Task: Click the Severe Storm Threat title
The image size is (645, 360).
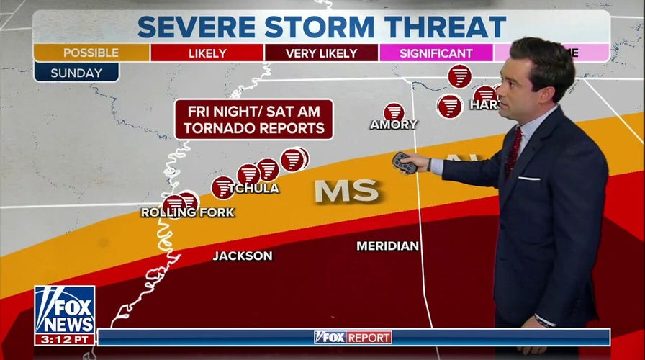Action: tap(322, 27)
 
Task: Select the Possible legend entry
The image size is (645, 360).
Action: tap(91, 53)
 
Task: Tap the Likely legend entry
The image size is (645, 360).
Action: tap(207, 53)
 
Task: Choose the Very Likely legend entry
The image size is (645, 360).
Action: tap(321, 53)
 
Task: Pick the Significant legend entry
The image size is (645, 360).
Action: tap(436, 53)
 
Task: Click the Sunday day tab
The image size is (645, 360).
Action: tap(76, 73)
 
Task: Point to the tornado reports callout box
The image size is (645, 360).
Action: tap(254, 120)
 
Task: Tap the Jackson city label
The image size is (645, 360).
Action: tap(243, 256)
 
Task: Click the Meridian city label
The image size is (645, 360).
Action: tap(388, 246)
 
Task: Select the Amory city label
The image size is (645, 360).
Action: tap(394, 125)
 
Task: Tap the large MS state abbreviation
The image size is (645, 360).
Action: tap(346, 191)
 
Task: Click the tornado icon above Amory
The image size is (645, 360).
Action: tap(394, 112)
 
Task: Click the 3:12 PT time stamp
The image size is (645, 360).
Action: tap(64, 338)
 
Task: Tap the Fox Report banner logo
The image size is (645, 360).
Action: tap(353, 337)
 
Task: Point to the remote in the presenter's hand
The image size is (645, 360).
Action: tap(404, 163)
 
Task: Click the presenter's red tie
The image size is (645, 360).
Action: tap(514, 151)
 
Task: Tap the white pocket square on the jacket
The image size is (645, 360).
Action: tap(528, 178)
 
